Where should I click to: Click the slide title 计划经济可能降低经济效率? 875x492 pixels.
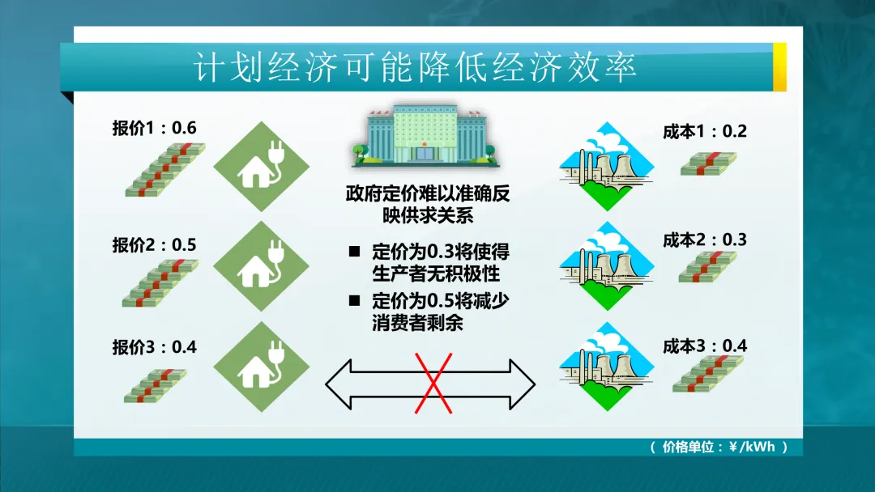[x=415, y=67]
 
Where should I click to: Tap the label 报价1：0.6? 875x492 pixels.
[x=154, y=128]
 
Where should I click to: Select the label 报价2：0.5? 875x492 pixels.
[x=154, y=245]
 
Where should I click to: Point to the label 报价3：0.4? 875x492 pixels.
[x=154, y=347]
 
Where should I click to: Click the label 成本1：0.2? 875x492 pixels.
[x=704, y=131]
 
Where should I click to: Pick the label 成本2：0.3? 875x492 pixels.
[x=704, y=240]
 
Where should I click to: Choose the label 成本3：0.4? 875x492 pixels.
[x=704, y=346]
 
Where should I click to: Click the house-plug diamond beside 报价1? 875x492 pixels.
[x=261, y=166]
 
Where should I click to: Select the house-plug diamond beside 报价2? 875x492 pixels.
[x=261, y=266]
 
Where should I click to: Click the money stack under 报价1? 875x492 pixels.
[x=164, y=169]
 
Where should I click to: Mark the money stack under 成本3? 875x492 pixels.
[x=707, y=374]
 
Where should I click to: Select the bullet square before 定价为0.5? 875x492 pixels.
[x=354, y=301]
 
